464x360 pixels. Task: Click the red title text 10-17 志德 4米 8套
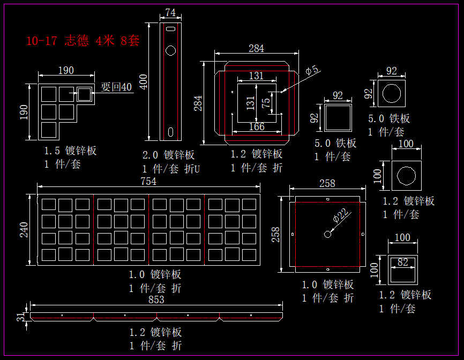coord(83,41)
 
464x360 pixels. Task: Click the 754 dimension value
coord(148,182)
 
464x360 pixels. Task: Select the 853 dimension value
coord(156,300)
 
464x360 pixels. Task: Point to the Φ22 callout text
coord(343,215)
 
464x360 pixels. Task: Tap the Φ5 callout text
coord(312,70)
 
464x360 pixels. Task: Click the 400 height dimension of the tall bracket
coord(144,81)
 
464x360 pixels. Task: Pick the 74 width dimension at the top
coord(170,12)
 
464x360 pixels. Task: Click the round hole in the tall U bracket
coord(171,51)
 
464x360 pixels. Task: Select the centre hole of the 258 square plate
coord(327,234)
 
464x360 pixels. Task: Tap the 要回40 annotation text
coord(116,87)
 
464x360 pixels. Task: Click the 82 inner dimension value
coord(402,262)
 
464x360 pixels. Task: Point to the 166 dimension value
coord(257,127)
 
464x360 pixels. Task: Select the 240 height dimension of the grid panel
coord(24,229)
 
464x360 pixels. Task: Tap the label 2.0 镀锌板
coord(168,155)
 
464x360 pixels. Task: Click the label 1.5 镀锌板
coord(70,151)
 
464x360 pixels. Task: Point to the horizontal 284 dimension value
coord(256,49)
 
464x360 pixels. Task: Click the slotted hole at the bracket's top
coord(171,29)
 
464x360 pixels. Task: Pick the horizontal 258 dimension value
coord(327,183)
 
